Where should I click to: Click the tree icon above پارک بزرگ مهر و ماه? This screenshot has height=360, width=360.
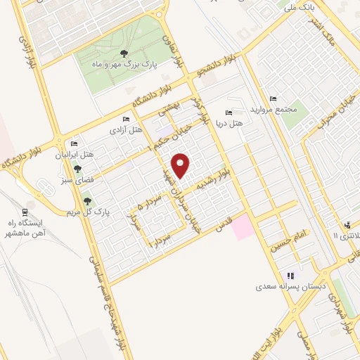coord(124,53)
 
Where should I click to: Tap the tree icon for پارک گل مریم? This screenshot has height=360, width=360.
coord(87,201)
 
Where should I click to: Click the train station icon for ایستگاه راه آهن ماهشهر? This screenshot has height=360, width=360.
coord(26,212)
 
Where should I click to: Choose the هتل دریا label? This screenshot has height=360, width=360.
coord(231,123)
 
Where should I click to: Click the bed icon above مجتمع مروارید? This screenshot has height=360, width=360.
coord(273,98)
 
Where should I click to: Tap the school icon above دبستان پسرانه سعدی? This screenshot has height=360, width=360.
coord(289,276)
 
